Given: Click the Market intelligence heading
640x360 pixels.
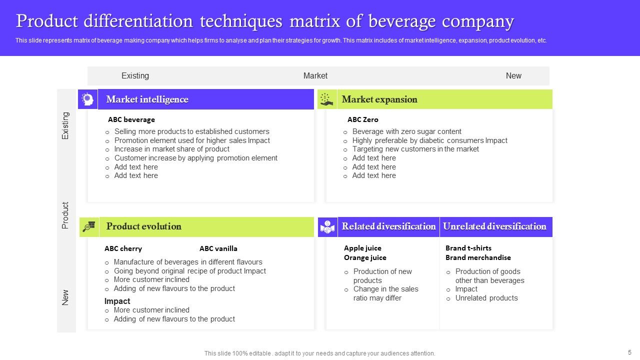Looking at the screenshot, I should (147, 99).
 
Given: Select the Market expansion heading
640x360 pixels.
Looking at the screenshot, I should (379, 99).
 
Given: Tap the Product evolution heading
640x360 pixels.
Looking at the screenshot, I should (143, 226).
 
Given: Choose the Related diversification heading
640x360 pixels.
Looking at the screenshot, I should (388, 226).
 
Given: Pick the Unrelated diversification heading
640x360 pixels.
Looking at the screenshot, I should (494, 226).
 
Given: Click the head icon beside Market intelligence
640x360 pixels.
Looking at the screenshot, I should (88, 99).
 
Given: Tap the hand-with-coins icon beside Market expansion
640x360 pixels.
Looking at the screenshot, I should (327, 99).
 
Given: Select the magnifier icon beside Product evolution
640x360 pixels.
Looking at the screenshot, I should (89, 227).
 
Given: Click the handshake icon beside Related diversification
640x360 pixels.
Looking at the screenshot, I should (328, 227).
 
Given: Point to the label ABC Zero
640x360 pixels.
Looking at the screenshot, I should (362, 119).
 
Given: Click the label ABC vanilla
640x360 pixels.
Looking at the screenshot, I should (218, 248).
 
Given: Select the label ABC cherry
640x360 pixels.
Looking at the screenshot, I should (123, 248).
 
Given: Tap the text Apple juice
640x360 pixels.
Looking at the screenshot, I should (362, 248).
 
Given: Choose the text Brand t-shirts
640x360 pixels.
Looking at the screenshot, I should (468, 248).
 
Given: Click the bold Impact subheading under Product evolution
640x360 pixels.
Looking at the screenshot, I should (117, 301).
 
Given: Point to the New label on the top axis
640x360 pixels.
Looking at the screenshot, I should (513, 76).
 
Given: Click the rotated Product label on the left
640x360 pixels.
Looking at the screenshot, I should (65, 215).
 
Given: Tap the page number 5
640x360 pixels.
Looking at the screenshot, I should (629, 352).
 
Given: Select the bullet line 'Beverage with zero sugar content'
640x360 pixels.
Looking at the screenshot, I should (406, 131).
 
